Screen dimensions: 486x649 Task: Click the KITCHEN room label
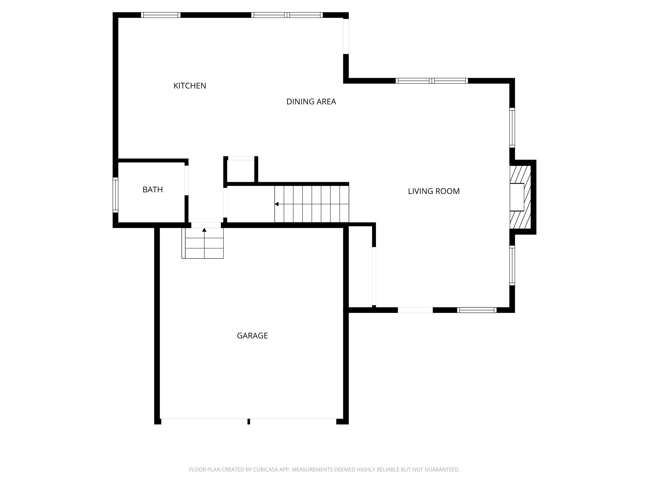click(x=190, y=86)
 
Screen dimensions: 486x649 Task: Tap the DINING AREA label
click(x=311, y=102)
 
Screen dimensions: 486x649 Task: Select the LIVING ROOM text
click(x=434, y=191)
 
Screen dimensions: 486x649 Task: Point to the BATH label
click(x=153, y=190)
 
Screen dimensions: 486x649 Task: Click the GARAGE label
click(x=252, y=336)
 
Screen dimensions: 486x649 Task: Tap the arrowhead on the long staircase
click(x=276, y=204)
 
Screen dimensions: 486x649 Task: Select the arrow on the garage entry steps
click(x=204, y=230)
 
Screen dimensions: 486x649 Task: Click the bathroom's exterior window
click(x=116, y=195)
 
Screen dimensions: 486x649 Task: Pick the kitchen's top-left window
click(x=161, y=15)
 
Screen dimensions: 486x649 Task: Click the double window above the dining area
click(x=287, y=15)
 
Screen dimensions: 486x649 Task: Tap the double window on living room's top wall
click(x=432, y=81)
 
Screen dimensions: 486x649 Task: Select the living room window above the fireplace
click(x=512, y=128)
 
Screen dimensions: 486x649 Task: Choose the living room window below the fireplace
click(x=512, y=265)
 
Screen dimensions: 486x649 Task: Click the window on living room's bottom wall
click(x=476, y=310)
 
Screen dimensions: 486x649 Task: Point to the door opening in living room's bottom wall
click(x=415, y=310)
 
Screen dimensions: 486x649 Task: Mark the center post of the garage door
click(x=248, y=421)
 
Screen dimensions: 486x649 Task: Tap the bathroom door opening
click(x=186, y=180)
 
